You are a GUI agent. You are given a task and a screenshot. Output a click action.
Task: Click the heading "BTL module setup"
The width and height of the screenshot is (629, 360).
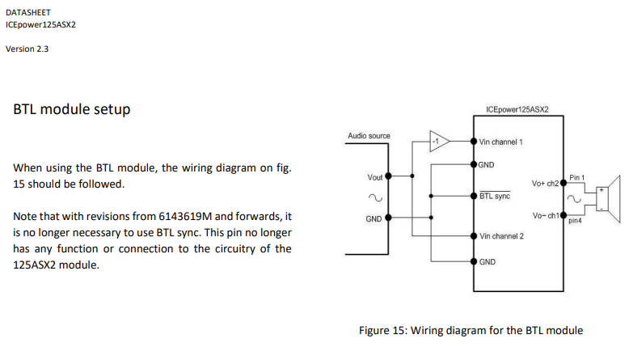pyautogui.click(x=72, y=109)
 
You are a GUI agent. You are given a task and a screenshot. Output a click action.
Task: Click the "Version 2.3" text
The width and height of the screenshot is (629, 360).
pyautogui.click(x=27, y=49)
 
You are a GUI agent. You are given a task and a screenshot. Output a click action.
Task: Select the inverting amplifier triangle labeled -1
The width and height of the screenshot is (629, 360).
pyautogui.click(x=437, y=141)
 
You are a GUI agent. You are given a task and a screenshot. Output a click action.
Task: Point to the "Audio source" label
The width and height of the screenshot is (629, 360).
pyautogui.click(x=369, y=136)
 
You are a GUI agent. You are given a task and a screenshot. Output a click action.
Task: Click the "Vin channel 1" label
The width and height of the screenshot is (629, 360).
pyautogui.click(x=501, y=142)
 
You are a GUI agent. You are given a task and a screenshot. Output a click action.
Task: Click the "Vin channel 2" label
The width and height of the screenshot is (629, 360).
pyautogui.click(x=501, y=236)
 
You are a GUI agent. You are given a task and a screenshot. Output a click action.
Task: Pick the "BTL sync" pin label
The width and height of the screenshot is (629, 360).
pyautogui.click(x=495, y=196)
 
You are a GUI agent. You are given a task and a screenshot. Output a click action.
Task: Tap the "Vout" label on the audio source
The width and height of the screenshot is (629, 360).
pyautogui.click(x=375, y=176)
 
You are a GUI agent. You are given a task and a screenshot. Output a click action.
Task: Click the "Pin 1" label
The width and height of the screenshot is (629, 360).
pyautogui.click(x=576, y=176)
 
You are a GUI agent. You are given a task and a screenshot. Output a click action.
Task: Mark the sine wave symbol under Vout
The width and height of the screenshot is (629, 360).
pyautogui.click(x=374, y=197)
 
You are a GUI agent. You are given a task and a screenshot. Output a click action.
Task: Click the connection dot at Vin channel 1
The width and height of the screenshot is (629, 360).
pyautogui.click(x=473, y=141)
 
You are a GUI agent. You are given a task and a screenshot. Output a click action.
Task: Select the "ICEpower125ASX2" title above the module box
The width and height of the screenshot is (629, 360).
pyautogui.click(x=517, y=108)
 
